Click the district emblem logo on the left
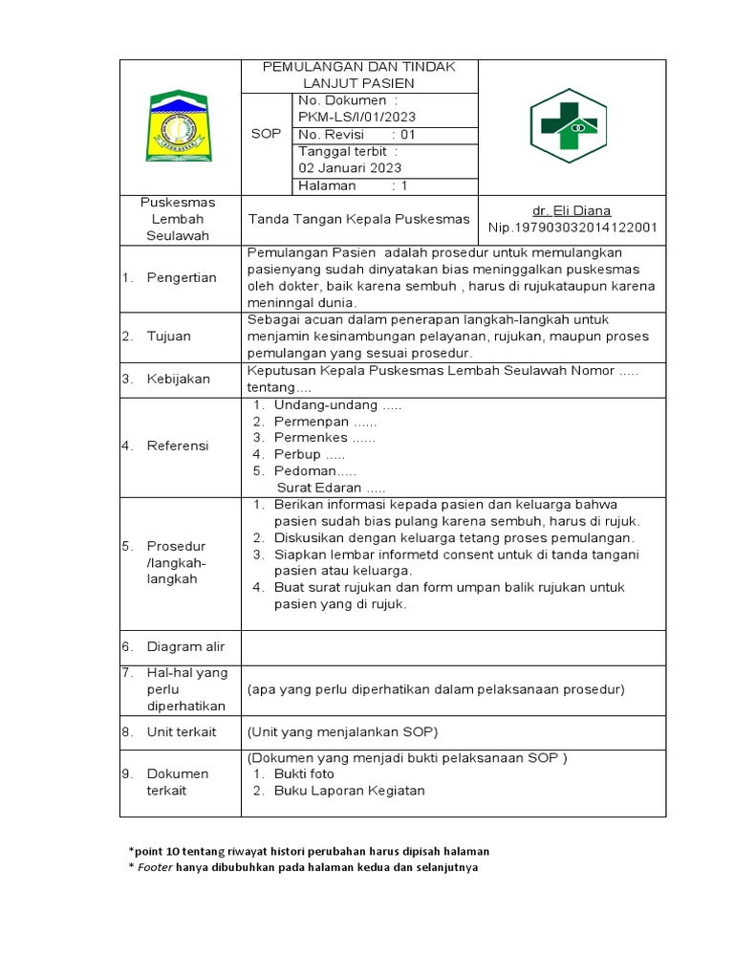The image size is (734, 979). tap(179, 126)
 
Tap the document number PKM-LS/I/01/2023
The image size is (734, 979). tap(357, 118)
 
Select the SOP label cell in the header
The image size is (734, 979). tap(266, 134)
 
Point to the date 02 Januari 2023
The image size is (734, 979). tap(354, 168)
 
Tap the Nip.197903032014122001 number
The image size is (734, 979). tap(572, 228)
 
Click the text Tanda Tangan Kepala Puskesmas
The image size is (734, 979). tap(359, 219)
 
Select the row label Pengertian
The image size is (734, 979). tap(182, 277)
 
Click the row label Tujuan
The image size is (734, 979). tap(169, 337)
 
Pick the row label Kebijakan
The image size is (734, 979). tap(178, 380)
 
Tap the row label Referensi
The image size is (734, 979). tap(178, 446)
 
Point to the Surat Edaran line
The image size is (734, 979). tap(331, 488)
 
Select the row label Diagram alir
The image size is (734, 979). tap(186, 647)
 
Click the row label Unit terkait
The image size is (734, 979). tap(182, 732)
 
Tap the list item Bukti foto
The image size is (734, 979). tap(304, 773)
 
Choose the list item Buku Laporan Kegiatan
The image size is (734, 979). tap(349, 791)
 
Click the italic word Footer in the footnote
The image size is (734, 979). tap(156, 868)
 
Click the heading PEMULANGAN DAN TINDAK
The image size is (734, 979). tap(359, 67)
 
